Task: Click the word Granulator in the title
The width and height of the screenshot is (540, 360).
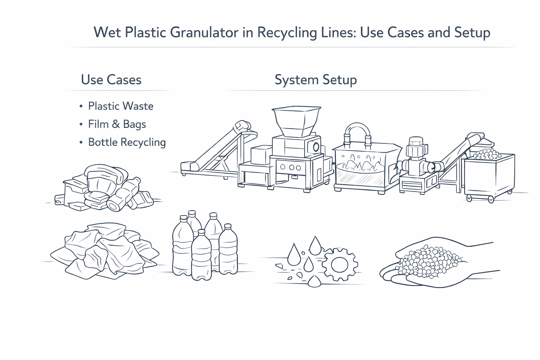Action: point(204,33)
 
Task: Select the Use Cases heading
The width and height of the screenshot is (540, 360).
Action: point(111,80)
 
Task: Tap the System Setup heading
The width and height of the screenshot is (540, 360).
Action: point(315,80)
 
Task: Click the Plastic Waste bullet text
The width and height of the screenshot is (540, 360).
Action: point(121,106)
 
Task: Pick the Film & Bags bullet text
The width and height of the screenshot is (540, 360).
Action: point(117,124)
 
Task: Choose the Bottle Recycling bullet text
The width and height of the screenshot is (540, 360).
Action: point(127,142)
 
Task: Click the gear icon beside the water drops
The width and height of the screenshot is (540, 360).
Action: point(340,264)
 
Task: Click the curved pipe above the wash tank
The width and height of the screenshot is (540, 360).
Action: point(358,131)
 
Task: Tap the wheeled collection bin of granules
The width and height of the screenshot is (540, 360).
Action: point(489,176)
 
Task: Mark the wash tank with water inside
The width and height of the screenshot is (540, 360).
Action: point(362,169)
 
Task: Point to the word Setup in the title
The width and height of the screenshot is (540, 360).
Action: point(472,33)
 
